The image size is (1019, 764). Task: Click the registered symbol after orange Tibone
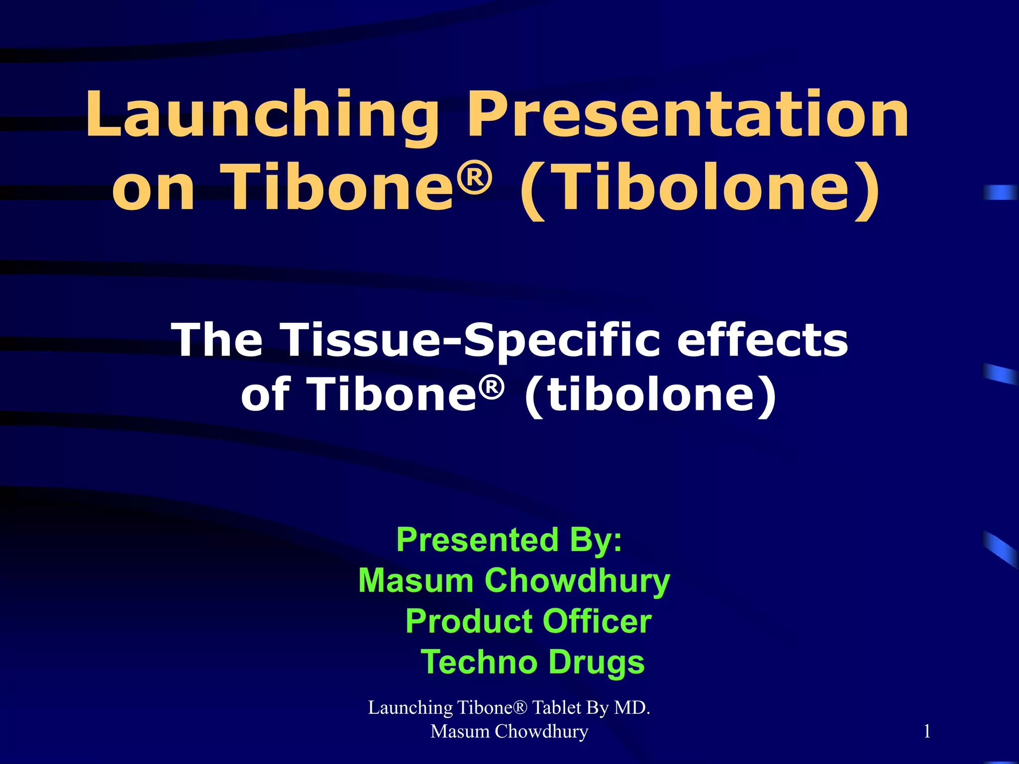click(475, 177)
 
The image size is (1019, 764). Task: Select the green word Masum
click(416, 580)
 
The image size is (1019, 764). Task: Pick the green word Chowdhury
click(577, 580)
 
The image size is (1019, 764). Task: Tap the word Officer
click(597, 621)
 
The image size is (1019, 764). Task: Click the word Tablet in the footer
click(557, 707)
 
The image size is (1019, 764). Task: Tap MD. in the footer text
click(632, 707)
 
